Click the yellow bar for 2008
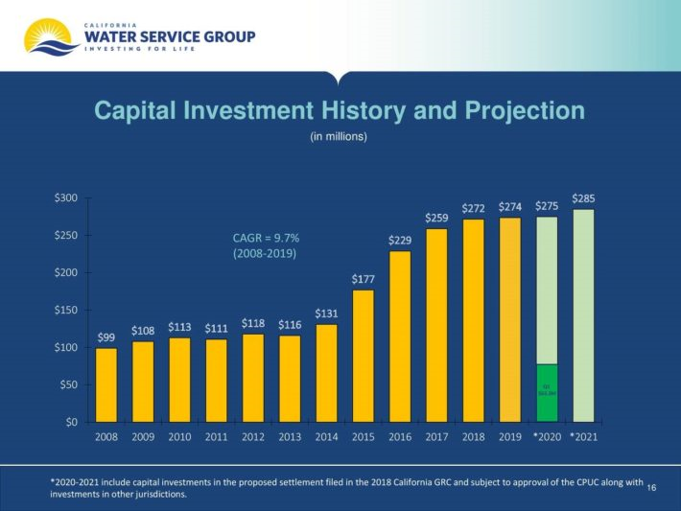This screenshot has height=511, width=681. coord(106,384)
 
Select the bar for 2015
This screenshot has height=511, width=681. coord(363,356)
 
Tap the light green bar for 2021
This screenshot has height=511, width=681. coord(583,315)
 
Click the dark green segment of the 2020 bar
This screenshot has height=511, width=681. coord(547,393)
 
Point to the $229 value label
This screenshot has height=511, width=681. coord(400,240)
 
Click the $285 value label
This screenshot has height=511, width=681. coord(583,198)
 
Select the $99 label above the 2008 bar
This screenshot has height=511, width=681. coord(106,337)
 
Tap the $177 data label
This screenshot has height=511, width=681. coord(363,279)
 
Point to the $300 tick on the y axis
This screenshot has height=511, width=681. coord(66,198)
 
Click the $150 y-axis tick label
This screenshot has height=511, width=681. coord(66,311)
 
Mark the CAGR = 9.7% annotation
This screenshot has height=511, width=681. coord(259,237)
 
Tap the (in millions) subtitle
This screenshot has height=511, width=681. coord(339,137)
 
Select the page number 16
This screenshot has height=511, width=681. coord(652,488)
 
